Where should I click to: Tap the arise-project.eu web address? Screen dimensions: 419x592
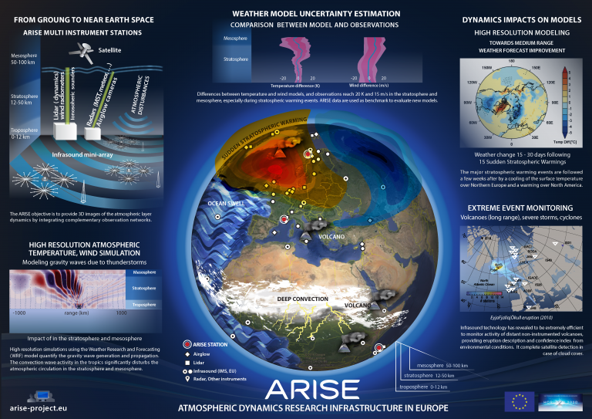coord(37,407)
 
